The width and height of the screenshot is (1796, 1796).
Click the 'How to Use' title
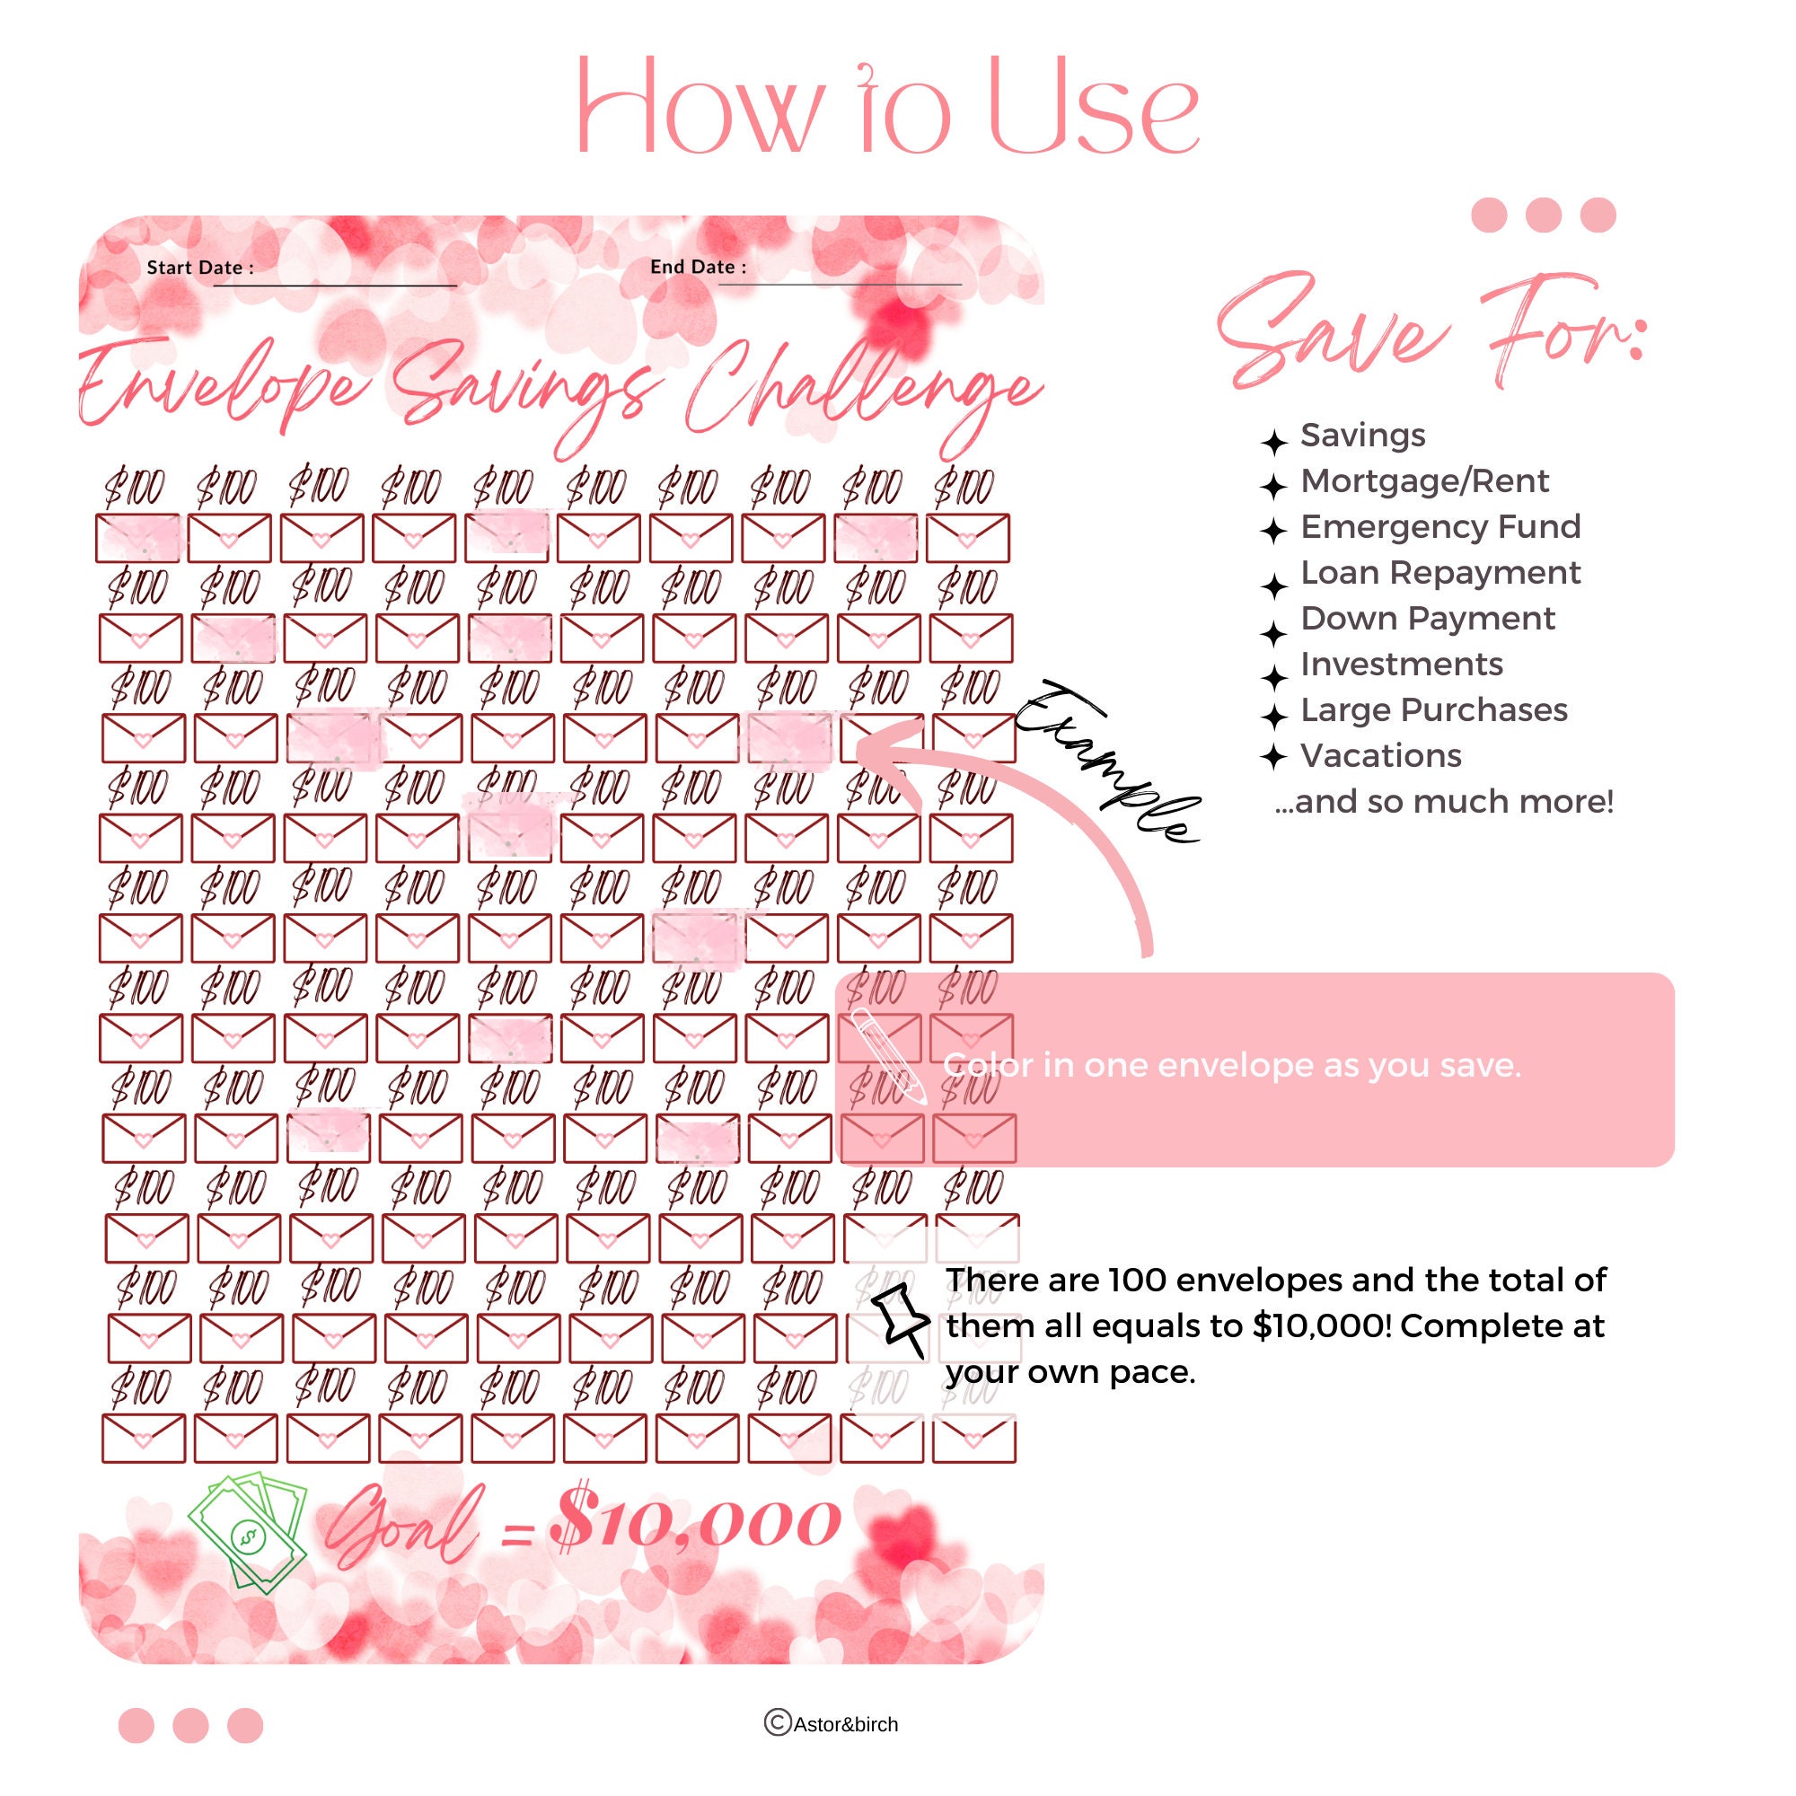click(x=888, y=107)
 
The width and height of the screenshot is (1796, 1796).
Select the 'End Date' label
click(x=698, y=267)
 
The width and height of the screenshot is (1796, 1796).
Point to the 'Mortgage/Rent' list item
click(x=1424, y=481)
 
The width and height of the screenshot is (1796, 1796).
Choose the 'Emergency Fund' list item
click(x=1440, y=527)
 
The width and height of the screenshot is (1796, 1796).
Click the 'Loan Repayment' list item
click(x=1440, y=573)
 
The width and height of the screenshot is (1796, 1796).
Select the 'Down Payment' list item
click(x=1427, y=618)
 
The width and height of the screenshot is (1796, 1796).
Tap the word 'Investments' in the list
click(x=1401, y=664)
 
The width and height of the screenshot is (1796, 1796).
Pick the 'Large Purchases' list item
click(x=1433, y=710)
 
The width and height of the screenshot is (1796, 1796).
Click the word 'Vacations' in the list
click(x=1380, y=756)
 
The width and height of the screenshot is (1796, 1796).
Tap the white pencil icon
click(x=889, y=1056)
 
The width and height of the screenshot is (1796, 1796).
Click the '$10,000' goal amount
click(x=695, y=1525)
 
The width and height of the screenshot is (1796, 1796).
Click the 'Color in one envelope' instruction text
click(x=1232, y=1065)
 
